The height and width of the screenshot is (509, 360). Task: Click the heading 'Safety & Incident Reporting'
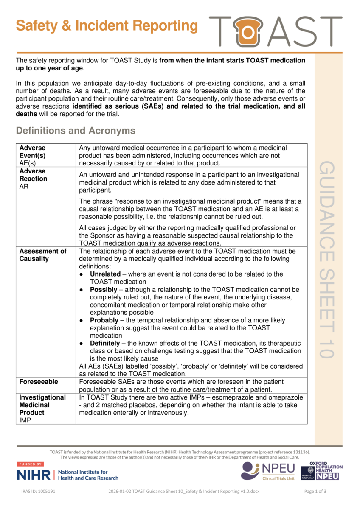coord(107,26)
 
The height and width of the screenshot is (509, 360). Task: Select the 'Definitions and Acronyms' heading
coord(76,131)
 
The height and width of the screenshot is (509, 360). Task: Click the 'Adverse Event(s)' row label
coord(32,151)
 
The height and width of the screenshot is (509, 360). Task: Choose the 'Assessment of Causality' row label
coord(43,255)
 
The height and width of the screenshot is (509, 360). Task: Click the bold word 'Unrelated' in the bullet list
coord(105,274)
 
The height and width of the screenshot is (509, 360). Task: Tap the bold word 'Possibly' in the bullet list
coord(103,290)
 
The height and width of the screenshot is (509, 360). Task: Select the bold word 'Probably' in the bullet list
coord(104,320)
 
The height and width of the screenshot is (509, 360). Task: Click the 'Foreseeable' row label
coord(39,382)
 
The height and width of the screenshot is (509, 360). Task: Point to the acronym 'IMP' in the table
coord(25,420)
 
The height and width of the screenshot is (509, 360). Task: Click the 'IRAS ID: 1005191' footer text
coord(39,492)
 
